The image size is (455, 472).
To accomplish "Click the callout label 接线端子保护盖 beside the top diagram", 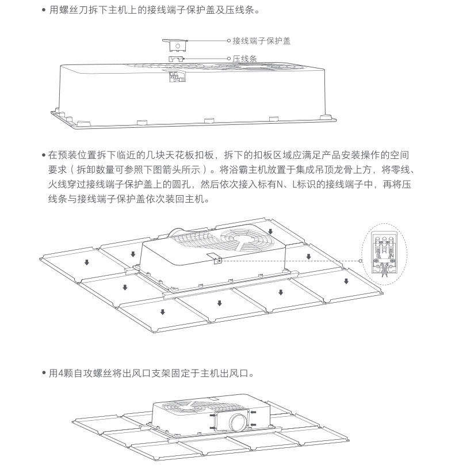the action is pyautogui.click(x=262, y=41).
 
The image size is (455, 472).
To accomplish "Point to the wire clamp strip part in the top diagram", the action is pyautogui.click(x=176, y=59).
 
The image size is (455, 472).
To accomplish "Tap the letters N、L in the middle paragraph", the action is pyautogui.click(x=285, y=185).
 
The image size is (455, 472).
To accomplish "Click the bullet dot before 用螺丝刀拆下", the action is pyautogui.click(x=44, y=10).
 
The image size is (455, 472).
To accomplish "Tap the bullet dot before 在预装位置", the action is pyautogui.click(x=44, y=155).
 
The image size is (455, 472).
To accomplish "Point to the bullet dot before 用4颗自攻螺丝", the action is pyautogui.click(x=44, y=373).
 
